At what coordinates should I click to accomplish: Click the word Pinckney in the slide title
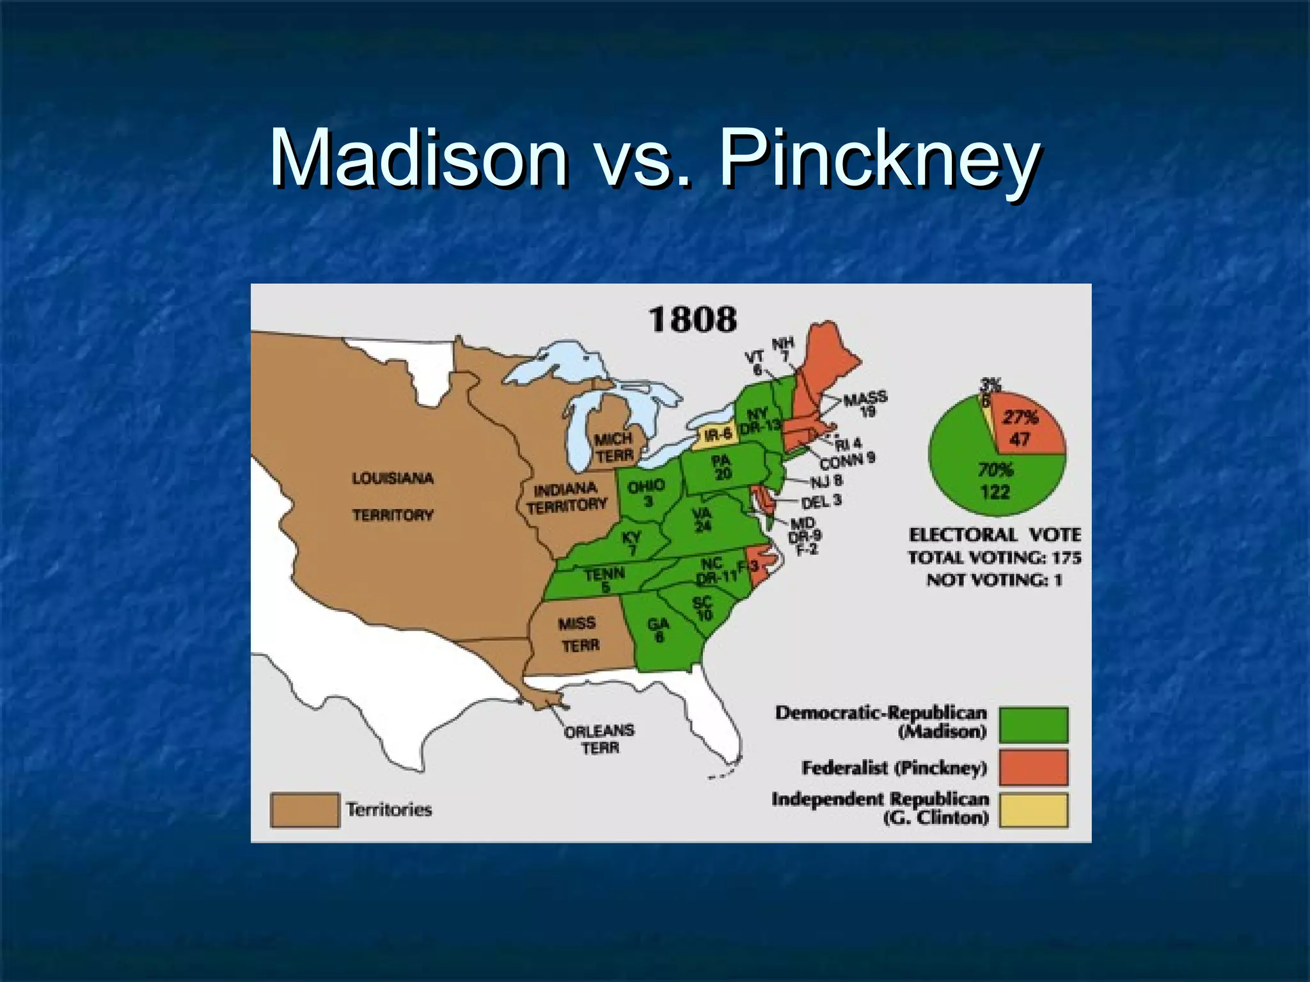(880, 160)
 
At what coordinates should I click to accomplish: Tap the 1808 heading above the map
(693, 319)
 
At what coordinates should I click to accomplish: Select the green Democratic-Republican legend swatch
(1033, 724)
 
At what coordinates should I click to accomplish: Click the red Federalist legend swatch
(1033, 767)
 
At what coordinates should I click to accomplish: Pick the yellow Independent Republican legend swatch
(1033, 810)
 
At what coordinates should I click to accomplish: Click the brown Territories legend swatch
(304, 810)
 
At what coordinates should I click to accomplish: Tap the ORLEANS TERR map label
(599, 739)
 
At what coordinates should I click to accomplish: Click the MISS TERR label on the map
(580, 634)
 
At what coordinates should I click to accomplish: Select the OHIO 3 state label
(646, 494)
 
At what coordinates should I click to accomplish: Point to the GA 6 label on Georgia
(659, 629)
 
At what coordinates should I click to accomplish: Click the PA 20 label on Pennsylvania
(722, 467)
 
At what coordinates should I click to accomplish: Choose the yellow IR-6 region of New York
(717, 435)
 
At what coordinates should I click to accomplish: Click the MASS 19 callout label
(865, 405)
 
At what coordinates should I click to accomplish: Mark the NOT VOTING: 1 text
(994, 581)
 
